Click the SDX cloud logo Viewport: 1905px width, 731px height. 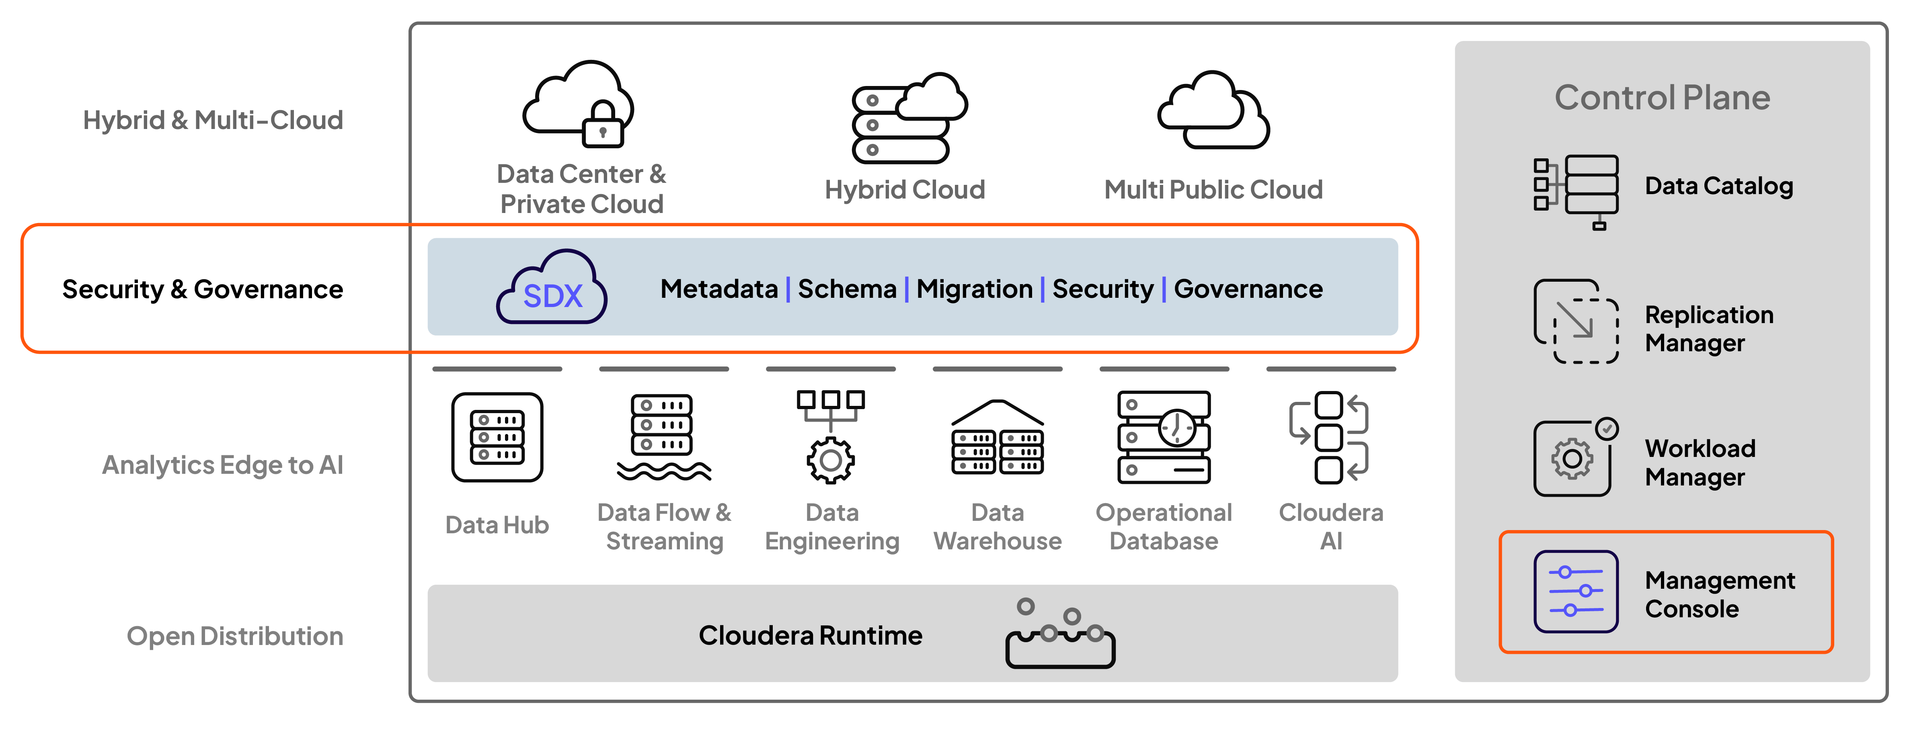coord(552,288)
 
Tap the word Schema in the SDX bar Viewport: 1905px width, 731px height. coord(847,289)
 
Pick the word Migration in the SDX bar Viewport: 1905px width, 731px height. coord(974,289)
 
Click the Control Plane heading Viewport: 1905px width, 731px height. coord(1662,98)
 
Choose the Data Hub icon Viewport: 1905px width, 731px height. coord(497,438)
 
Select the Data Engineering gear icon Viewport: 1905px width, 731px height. coord(831,458)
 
